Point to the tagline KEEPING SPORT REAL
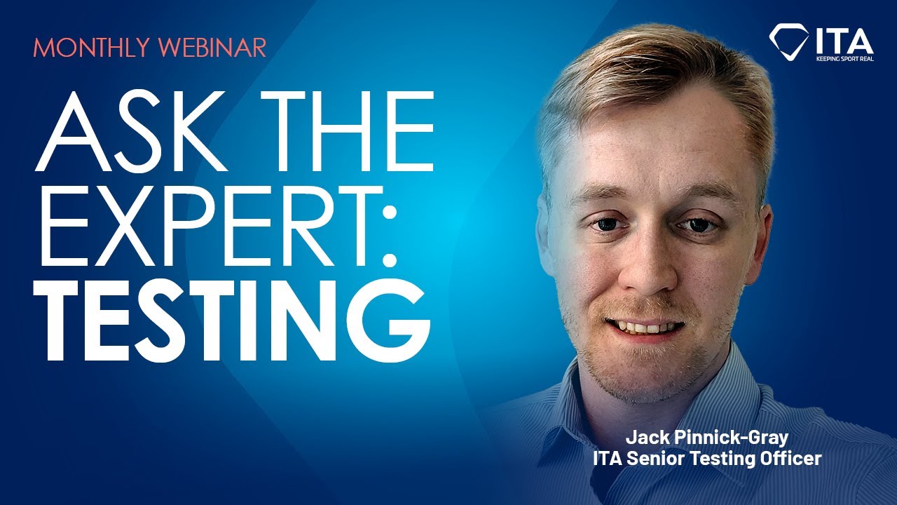tap(844, 60)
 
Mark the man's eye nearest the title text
tap(603, 224)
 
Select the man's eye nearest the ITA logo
tap(695, 224)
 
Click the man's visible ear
tap(761, 238)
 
